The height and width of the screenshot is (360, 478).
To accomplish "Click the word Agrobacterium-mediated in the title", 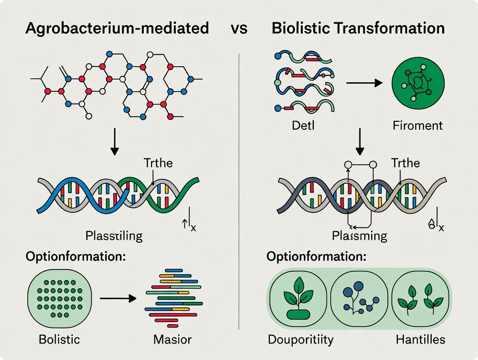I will point(117,29).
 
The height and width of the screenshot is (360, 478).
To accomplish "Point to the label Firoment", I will point(418,126).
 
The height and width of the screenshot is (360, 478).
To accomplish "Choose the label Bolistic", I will point(59,339).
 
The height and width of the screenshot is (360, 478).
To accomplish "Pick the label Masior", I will point(172,339).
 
